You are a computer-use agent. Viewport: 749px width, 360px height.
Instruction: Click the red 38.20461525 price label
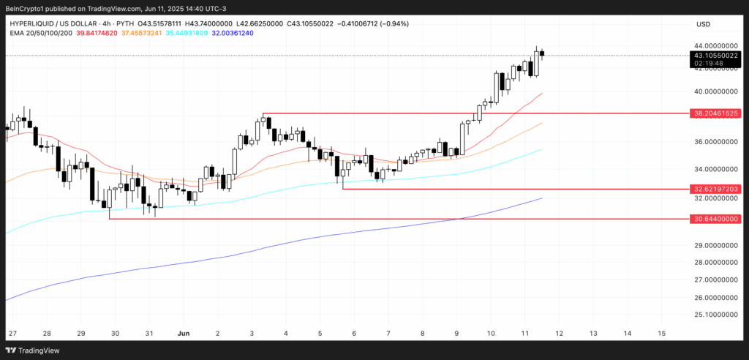tap(717, 113)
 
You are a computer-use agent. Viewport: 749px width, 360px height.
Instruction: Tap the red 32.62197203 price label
tap(717, 189)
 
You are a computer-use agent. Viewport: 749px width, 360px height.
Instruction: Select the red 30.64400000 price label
tap(717, 218)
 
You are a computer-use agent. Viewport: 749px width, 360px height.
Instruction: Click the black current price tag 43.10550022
tap(717, 56)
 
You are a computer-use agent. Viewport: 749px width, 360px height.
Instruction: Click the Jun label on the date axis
tap(184, 333)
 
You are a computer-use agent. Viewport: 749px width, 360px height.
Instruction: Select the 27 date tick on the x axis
tap(12, 333)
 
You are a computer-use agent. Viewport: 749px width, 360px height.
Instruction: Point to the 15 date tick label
tap(661, 333)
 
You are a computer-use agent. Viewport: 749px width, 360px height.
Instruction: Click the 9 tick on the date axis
tap(456, 333)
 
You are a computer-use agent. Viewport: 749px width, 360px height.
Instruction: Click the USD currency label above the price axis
tap(703, 24)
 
